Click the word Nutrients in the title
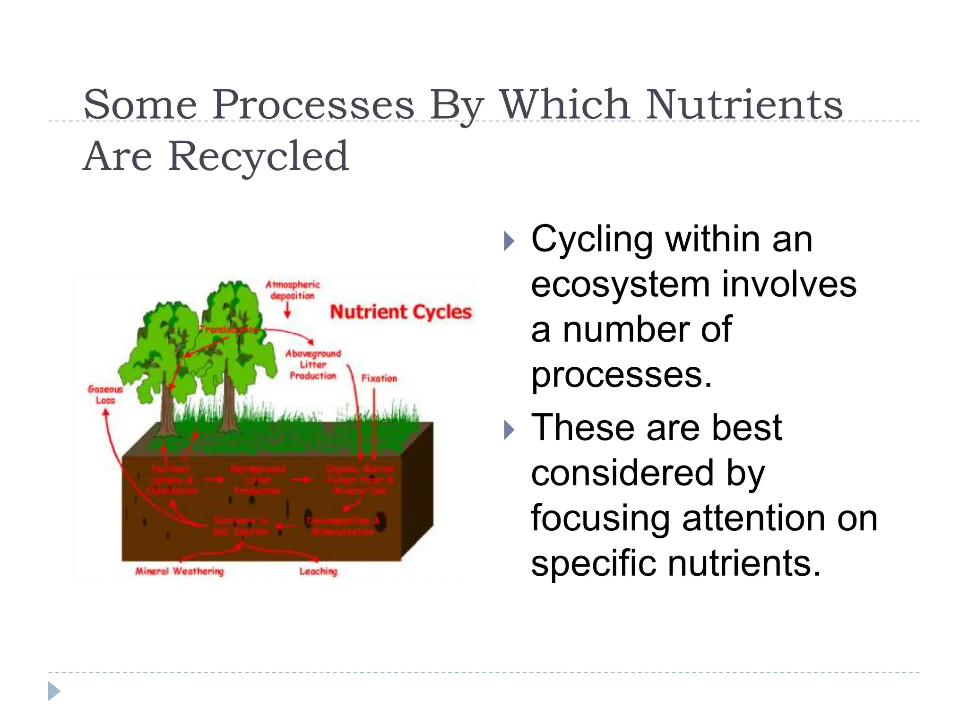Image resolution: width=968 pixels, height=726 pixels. [x=744, y=105]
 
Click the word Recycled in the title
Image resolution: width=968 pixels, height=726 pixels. [x=259, y=156]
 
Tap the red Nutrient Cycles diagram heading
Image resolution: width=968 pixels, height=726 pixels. [x=400, y=312]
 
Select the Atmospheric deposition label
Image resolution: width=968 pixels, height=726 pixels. [x=292, y=290]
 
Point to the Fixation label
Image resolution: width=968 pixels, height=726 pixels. [x=379, y=378]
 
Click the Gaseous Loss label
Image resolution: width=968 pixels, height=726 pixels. [x=105, y=395]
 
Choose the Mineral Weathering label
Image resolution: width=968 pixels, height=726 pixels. [x=179, y=571]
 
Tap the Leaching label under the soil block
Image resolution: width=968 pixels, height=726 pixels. [x=318, y=571]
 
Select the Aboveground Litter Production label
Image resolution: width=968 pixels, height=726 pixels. [x=313, y=364]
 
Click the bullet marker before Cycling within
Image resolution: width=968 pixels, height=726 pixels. [x=509, y=241]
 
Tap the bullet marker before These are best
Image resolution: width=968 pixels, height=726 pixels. [x=509, y=430]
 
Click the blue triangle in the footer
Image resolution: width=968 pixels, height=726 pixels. [x=54, y=691]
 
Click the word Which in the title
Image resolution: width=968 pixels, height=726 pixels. [x=564, y=105]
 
